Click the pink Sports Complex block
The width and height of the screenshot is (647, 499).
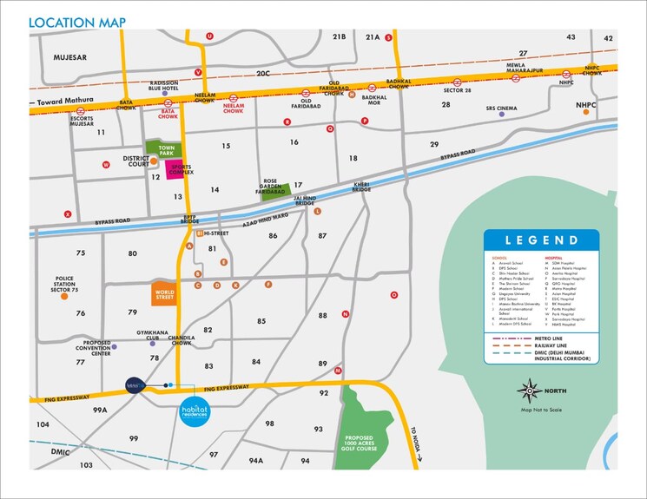[180, 168]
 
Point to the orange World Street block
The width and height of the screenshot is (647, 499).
[164, 293]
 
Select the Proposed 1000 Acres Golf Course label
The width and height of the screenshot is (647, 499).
[371, 441]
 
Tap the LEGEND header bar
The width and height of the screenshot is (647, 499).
[541, 240]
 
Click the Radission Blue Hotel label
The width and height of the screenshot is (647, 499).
[163, 85]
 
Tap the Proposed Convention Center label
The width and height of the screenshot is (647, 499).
[96, 348]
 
